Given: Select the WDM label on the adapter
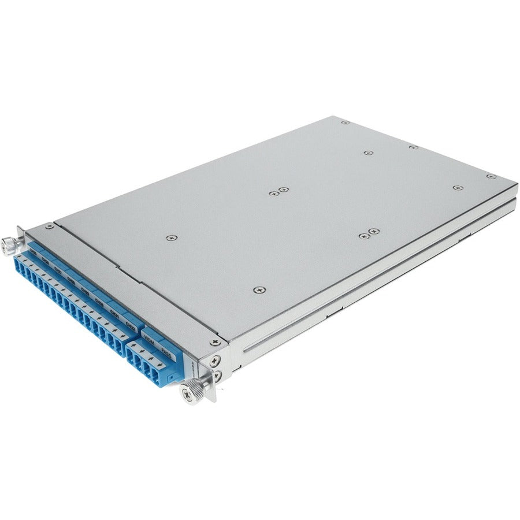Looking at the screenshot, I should coord(149,335).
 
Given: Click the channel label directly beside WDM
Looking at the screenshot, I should coord(131,327).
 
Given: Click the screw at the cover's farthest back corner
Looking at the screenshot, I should coord(344,122).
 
